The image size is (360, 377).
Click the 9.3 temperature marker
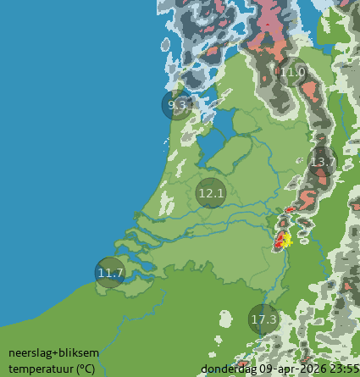[177, 106]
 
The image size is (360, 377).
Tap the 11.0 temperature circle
[293, 73]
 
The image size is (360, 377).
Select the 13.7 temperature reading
[323, 161]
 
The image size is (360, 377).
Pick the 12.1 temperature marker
[210, 193]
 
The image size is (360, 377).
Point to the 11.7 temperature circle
[110, 273]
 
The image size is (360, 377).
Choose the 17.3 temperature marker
[264, 319]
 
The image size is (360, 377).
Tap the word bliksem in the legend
[79, 352]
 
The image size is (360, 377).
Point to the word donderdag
[229, 369]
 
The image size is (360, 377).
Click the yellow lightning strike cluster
[286, 240]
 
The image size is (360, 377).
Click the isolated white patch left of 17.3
[224, 318]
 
